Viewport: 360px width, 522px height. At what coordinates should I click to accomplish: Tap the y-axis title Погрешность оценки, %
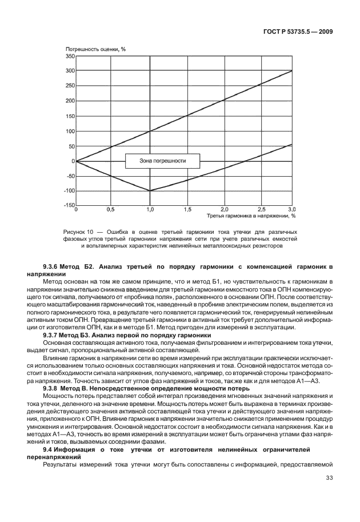coord(95,49)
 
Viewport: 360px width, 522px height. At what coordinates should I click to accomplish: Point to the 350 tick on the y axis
coord(69,56)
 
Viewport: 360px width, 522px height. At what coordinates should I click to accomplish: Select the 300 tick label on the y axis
coord(69,71)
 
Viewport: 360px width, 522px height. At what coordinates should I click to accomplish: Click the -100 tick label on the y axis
coord(68,191)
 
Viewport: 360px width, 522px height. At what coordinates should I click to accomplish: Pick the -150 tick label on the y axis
coord(68,205)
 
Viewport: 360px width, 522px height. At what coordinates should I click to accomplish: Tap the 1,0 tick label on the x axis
coord(150,210)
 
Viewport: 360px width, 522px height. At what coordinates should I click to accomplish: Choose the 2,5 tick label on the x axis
coord(261,210)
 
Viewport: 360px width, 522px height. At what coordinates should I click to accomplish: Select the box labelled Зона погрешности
coord(163,161)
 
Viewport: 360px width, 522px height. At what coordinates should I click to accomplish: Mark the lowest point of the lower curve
coord(150,190)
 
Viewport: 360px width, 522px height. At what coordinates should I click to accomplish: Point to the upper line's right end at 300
coord(292,71)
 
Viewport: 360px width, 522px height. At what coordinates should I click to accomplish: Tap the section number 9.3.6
coord(53,267)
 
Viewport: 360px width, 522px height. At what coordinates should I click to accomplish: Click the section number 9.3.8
coord(53,388)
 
